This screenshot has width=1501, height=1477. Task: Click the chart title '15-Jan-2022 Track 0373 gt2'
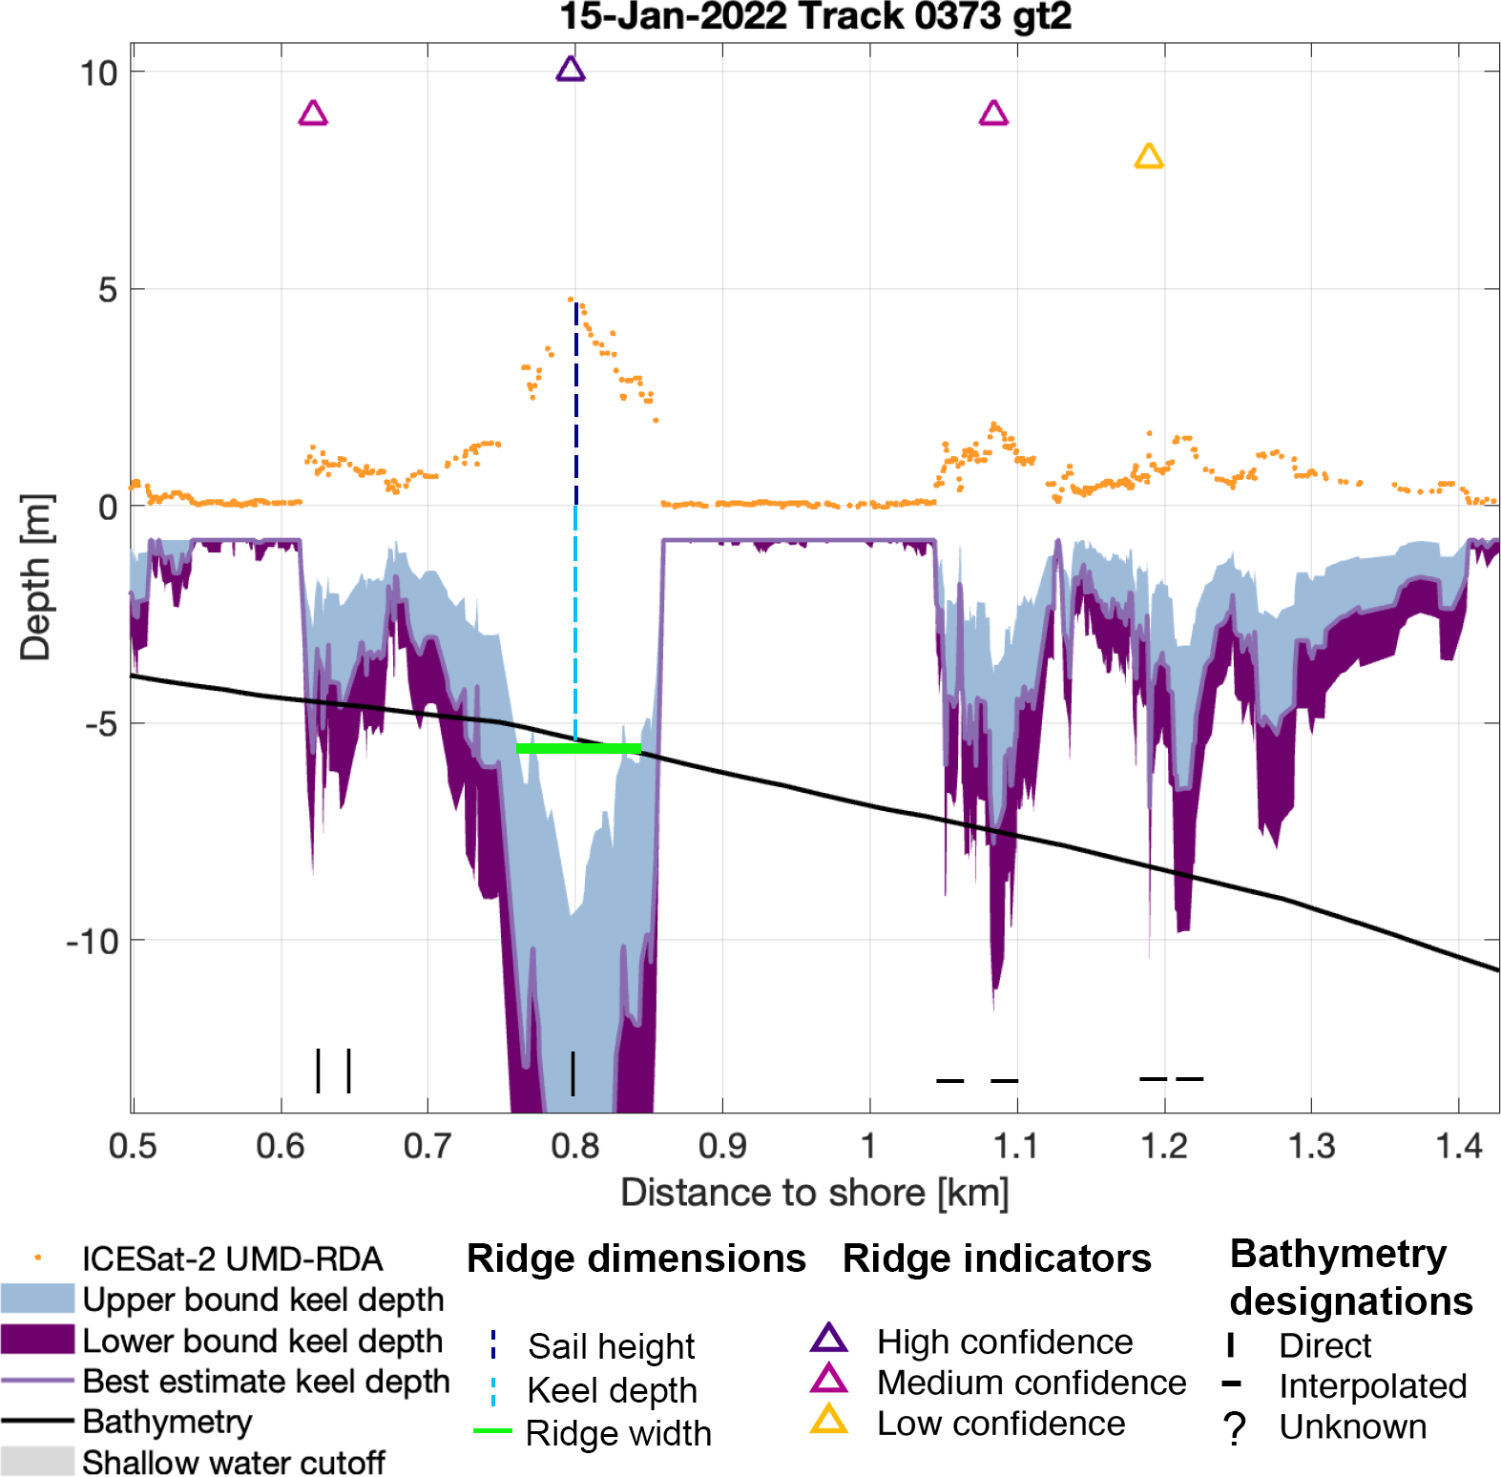(x=815, y=16)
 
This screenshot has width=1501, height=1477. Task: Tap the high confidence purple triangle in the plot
(x=571, y=70)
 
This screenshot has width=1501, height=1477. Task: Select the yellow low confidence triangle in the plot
(x=1149, y=156)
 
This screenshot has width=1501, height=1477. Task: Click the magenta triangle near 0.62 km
(x=313, y=114)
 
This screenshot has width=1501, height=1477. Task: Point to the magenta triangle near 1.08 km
(x=993, y=114)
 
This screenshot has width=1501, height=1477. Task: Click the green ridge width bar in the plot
(x=578, y=749)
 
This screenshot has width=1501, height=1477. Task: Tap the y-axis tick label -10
(x=93, y=942)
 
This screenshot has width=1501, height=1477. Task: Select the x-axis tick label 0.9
(x=721, y=1145)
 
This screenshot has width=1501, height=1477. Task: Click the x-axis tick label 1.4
(x=1458, y=1145)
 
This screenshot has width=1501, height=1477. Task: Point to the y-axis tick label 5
(x=108, y=290)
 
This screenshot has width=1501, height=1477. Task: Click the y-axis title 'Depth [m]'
(x=36, y=577)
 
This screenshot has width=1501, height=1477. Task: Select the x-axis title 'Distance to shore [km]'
(x=814, y=1193)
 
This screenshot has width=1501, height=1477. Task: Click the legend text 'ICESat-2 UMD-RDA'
(x=232, y=1259)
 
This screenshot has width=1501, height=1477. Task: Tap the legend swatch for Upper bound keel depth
(x=37, y=1299)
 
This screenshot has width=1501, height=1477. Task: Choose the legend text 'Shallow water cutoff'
(x=234, y=1462)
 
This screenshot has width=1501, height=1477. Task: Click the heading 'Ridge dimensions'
(x=636, y=1259)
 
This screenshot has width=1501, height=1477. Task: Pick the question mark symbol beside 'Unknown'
(x=1235, y=1428)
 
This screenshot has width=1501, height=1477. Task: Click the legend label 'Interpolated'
(x=1372, y=1385)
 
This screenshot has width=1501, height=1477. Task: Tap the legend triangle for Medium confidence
(x=828, y=1380)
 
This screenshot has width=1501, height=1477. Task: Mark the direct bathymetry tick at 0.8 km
(x=573, y=1073)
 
